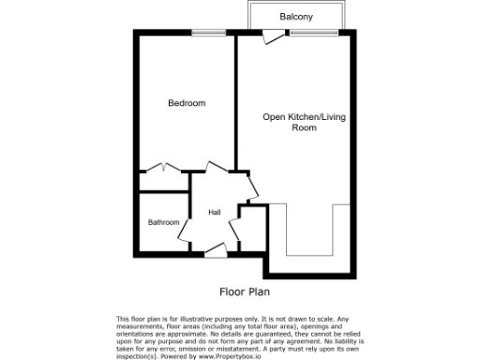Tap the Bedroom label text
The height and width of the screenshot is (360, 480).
coord(186,103)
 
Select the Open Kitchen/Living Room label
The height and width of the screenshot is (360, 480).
coord(295,122)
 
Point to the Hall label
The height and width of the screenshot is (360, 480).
coord(214,213)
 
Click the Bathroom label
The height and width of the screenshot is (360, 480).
coord(163,222)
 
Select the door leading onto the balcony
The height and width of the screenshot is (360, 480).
coord(273,37)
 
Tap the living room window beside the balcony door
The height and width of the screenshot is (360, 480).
coord(302,35)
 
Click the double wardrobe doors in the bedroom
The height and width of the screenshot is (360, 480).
coord(163,168)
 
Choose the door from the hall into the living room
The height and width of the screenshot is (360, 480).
coord(251,187)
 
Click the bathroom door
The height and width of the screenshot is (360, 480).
coord(185,226)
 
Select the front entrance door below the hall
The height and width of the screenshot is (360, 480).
coord(215,249)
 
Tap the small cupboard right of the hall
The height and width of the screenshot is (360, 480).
coord(249,230)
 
